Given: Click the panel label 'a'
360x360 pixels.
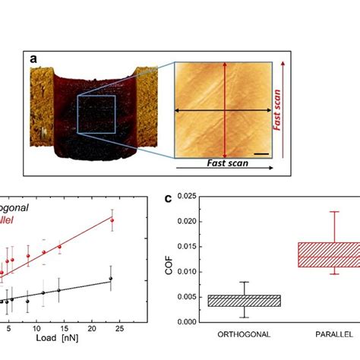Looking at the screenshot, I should [x=33, y=58].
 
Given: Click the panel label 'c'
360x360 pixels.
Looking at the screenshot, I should [x=168, y=199].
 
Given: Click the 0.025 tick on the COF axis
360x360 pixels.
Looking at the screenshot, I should [x=194, y=196].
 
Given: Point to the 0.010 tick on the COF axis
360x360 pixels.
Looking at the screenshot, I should [x=194, y=271].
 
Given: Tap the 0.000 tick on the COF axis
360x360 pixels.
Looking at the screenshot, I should [x=194, y=321].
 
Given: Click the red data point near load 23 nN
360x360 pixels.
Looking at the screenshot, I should [x=112, y=220].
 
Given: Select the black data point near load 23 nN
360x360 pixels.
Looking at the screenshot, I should [x=111, y=279].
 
